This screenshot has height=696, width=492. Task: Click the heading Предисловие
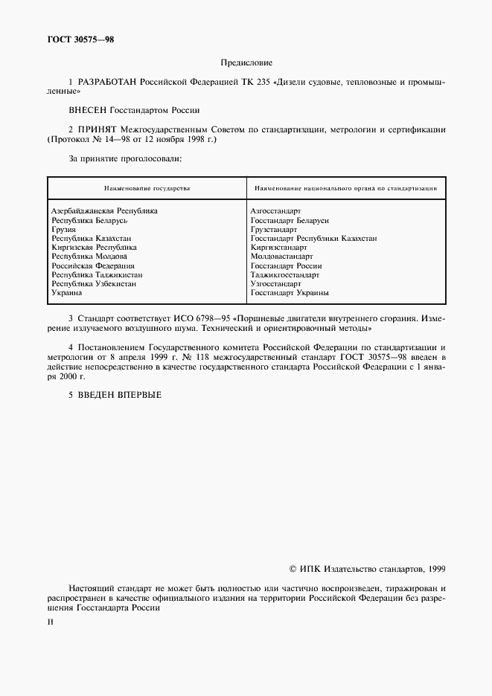(246, 63)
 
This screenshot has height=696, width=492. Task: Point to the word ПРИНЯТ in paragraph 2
(96, 129)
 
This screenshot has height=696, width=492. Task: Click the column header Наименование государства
(147, 189)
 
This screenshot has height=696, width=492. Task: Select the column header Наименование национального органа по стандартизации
(345, 189)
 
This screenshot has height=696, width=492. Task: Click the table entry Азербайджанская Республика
(104, 211)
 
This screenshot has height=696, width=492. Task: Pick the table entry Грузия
(63, 230)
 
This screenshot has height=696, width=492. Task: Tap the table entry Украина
(67, 293)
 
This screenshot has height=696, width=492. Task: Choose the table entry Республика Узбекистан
(94, 284)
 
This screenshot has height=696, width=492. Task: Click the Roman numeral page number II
(50, 619)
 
